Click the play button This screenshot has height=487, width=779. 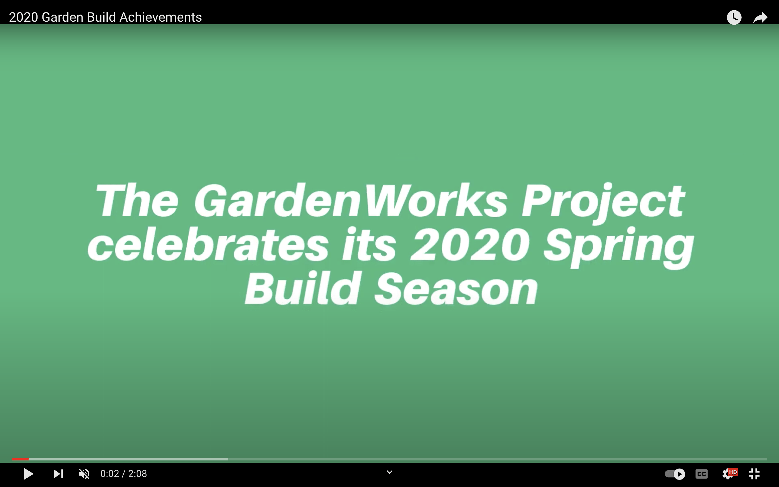29,474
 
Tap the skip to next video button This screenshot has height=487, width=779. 58,474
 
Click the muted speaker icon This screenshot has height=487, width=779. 84,474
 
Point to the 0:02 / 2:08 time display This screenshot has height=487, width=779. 124,474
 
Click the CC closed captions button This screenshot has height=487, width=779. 702,474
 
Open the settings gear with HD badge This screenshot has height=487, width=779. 729,473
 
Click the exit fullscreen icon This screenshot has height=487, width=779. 754,474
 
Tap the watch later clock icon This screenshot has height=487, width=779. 734,17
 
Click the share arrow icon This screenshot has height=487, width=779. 761,17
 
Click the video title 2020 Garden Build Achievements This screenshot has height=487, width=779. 105,17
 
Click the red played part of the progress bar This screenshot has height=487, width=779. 20,459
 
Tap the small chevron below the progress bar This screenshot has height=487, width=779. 389,472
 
